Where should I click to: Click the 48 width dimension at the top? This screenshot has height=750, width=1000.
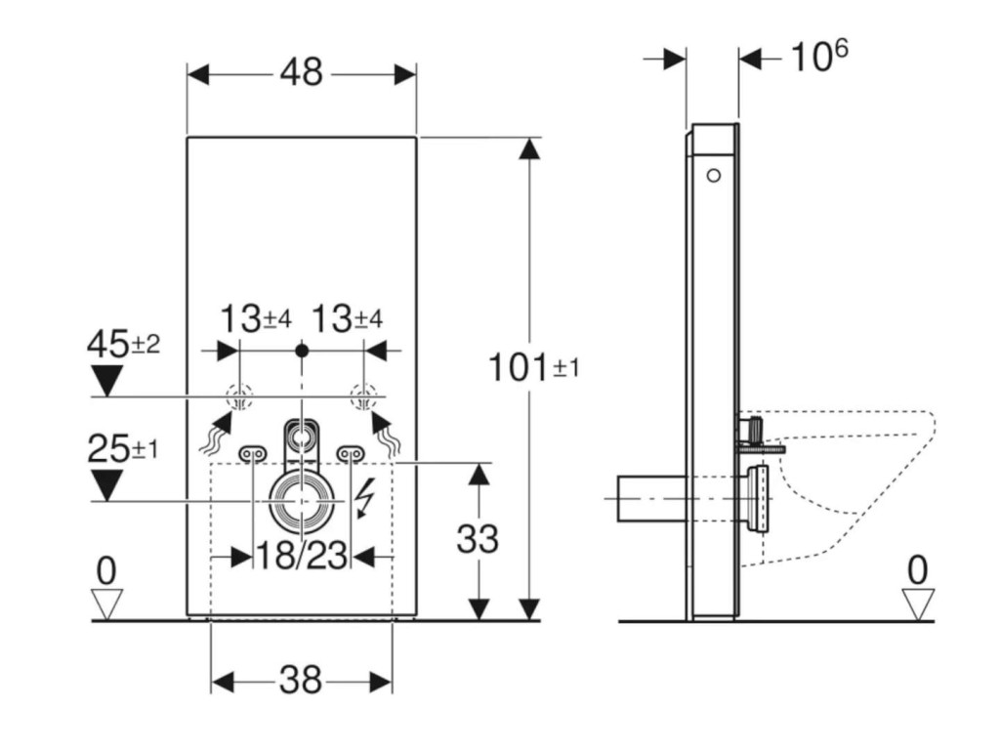(302, 72)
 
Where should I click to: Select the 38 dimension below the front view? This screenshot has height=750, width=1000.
(301, 681)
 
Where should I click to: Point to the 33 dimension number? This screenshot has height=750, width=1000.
(477, 539)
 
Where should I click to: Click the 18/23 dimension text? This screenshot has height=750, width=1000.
(302, 555)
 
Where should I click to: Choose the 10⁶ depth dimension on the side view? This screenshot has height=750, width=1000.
(819, 56)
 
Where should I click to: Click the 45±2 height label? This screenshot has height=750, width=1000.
(123, 345)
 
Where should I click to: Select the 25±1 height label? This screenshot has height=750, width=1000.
(122, 449)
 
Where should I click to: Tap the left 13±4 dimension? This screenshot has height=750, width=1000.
(256, 318)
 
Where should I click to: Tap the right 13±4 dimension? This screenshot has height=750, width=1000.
(348, 318)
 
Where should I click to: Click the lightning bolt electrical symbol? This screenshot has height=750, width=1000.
(365, 498)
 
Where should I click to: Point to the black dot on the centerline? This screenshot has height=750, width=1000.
(303, 351)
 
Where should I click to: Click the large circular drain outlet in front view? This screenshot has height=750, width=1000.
(302, 501)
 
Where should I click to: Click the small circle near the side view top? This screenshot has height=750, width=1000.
(714, 175)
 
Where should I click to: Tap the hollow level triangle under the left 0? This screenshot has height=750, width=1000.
(106, 604)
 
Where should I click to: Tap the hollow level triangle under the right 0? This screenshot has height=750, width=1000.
(918, 604)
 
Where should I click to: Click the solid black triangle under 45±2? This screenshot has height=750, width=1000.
(106, 381)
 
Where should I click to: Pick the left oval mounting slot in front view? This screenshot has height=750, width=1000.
(253, 454)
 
